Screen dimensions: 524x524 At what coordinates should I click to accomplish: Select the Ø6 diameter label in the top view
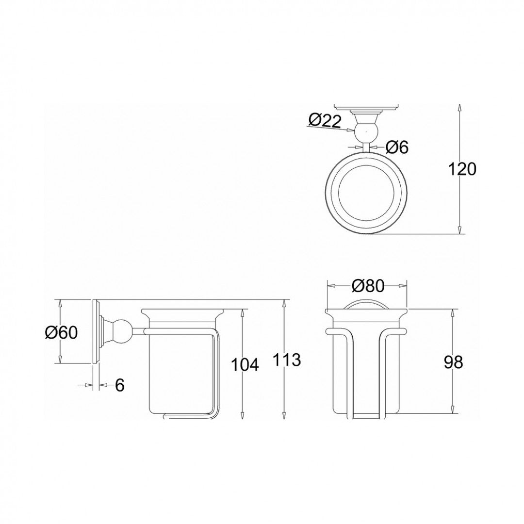[396, 147]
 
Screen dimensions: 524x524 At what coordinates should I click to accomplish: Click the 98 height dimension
[453, 362]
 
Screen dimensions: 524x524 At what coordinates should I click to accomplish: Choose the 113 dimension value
[286, 360]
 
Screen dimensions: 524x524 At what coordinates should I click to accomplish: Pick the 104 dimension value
[244, 364]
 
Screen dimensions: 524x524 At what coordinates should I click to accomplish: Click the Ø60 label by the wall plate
[61, 332]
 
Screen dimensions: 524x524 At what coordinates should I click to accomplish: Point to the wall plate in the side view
[95, 331]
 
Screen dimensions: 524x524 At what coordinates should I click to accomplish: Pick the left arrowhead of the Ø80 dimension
[330, 286]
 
